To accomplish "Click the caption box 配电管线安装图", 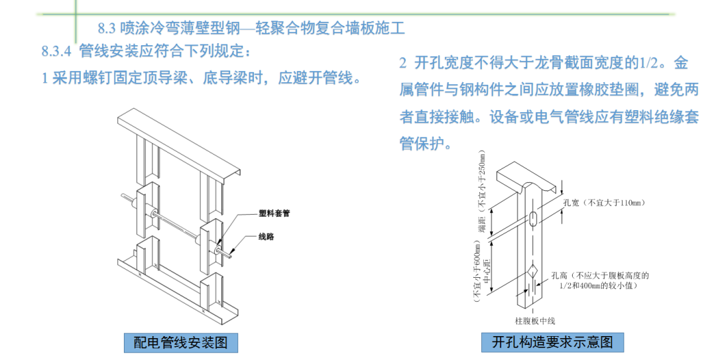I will (x=180, y=343).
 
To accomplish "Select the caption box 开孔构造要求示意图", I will (x=552, y=343).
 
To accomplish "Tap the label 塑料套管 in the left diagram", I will (x=274, y=214).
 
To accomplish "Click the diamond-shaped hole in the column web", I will (x=534, y=272).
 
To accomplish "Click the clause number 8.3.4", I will (x=56, y=51).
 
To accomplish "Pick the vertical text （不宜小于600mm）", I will (x=476, y=272).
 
